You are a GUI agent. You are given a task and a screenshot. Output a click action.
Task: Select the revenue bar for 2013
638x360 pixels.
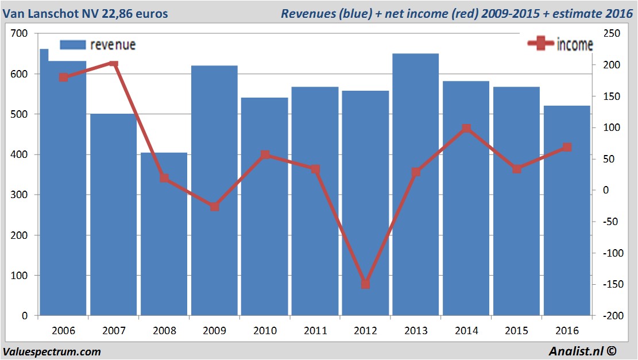[415, 184]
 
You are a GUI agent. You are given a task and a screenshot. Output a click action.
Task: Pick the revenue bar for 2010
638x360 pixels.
[264, 207]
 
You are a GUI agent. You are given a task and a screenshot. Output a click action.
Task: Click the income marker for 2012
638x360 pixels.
[365, 284]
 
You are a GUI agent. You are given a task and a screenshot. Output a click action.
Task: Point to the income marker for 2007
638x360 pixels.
[114, 64]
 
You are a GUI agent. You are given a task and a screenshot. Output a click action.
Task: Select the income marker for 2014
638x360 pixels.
[466, 129]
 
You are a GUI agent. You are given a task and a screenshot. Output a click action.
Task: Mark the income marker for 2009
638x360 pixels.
[214, 206]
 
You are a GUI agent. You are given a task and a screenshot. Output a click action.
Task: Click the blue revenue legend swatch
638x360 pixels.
[72, 44]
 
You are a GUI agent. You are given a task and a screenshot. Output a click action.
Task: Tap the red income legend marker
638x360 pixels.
[540, 44]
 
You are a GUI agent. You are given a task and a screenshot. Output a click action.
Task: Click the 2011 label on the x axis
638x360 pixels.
[315, 331]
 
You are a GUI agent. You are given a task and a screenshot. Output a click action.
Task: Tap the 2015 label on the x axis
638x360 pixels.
[516, 331]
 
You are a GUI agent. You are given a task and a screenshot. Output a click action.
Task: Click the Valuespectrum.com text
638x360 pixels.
[52, 351]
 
